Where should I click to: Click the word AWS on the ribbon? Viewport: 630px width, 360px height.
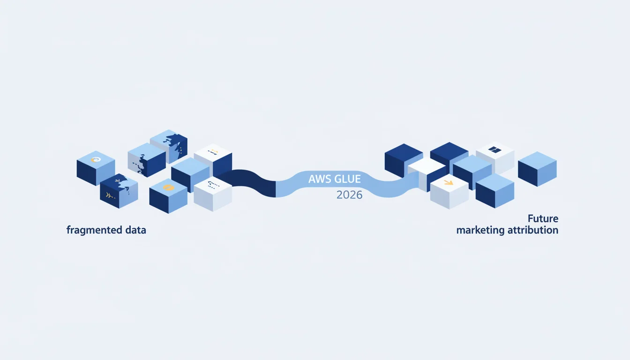318,179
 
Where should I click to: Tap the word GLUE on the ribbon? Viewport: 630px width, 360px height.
346,179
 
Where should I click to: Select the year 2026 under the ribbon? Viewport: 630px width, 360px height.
349,195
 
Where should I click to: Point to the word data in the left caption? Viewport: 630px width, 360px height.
135,230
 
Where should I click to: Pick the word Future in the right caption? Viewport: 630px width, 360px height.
543,218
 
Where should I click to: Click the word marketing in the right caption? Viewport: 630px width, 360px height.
480,230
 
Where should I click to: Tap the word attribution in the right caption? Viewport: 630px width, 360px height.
533,230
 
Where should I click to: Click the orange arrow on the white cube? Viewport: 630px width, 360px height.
449,183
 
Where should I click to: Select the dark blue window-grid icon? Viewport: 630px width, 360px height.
495,150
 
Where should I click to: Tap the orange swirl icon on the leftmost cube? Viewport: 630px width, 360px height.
96,159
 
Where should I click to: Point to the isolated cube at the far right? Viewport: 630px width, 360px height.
537,169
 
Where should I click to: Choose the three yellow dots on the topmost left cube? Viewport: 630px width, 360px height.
182,150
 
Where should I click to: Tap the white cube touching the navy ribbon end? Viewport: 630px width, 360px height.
213,194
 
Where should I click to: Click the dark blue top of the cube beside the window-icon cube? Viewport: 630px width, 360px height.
449,151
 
